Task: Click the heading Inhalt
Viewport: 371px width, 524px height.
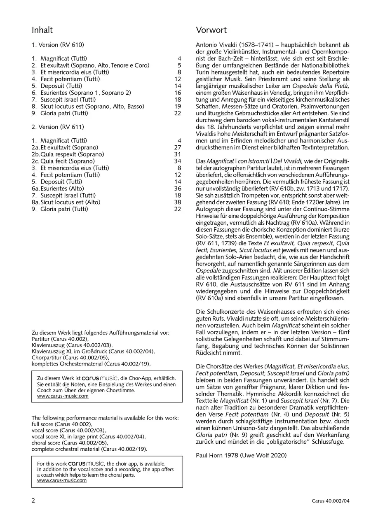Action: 42,30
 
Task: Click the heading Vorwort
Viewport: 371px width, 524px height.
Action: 211,30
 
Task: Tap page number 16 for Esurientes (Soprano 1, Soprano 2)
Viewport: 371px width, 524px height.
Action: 177,93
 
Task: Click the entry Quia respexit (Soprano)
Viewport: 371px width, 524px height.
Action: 72,154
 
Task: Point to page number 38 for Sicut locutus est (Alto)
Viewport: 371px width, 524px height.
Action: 177,202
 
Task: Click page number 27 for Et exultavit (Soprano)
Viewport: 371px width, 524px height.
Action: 177,147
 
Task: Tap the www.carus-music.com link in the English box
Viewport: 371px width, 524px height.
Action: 62,480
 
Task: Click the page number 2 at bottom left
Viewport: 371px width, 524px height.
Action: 33,501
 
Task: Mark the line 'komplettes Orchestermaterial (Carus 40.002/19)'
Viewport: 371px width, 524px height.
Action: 91,364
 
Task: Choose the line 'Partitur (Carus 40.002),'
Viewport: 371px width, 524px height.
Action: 60,339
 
